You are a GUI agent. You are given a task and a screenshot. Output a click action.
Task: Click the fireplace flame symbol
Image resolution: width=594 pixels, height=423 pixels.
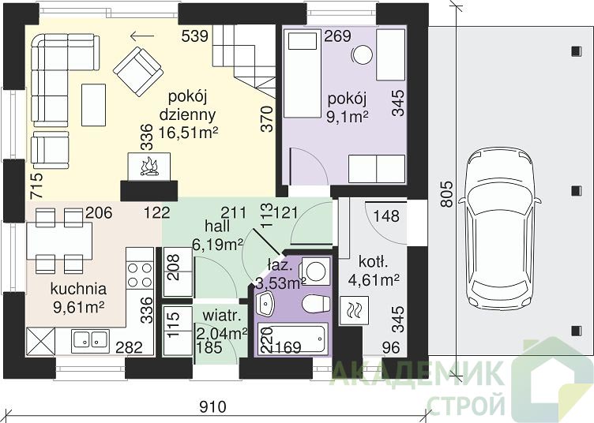(x=149, y=167)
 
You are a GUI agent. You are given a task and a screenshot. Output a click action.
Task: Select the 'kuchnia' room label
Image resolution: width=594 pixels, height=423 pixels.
(x=78, y=289)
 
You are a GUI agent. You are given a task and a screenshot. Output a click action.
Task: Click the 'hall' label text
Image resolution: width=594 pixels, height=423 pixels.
(x=217, y=226)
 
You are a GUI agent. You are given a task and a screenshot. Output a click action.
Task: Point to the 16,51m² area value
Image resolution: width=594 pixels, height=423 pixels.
(x=188, y=133)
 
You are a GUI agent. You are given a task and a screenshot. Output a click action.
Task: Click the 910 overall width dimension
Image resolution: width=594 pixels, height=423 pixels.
(x=212, y=407)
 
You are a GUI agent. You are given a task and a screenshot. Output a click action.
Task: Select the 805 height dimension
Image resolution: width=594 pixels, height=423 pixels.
(x=447, y=194)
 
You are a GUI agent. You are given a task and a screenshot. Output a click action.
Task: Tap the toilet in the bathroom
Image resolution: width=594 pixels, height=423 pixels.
(x=316, y=304)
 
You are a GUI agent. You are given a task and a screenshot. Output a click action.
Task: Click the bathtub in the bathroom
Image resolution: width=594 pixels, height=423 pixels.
(x=291, y=339)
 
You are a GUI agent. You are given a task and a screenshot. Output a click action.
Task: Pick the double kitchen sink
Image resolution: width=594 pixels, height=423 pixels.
(x=90, y=339)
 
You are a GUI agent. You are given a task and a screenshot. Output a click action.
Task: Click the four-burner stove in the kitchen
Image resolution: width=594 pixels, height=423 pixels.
(x=139, y=274)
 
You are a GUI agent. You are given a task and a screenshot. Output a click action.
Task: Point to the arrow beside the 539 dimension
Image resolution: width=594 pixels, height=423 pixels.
(x=142, y=36)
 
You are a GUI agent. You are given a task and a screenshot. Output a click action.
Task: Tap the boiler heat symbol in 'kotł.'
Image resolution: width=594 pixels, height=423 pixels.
(x=354, y=310)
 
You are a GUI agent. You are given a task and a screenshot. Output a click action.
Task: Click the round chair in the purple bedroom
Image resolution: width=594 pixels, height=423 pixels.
(x=362, y=54)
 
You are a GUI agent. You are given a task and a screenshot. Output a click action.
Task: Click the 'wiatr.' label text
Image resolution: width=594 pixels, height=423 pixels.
(x=222, y=316)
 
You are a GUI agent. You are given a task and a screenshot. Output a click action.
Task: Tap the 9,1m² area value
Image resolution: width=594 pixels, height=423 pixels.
(x=348, y=117)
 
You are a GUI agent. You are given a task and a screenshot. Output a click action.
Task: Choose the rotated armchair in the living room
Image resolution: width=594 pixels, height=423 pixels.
(x=138, y=72)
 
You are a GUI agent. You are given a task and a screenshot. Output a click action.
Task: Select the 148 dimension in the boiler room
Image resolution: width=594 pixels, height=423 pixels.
(x=386, y=216)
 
